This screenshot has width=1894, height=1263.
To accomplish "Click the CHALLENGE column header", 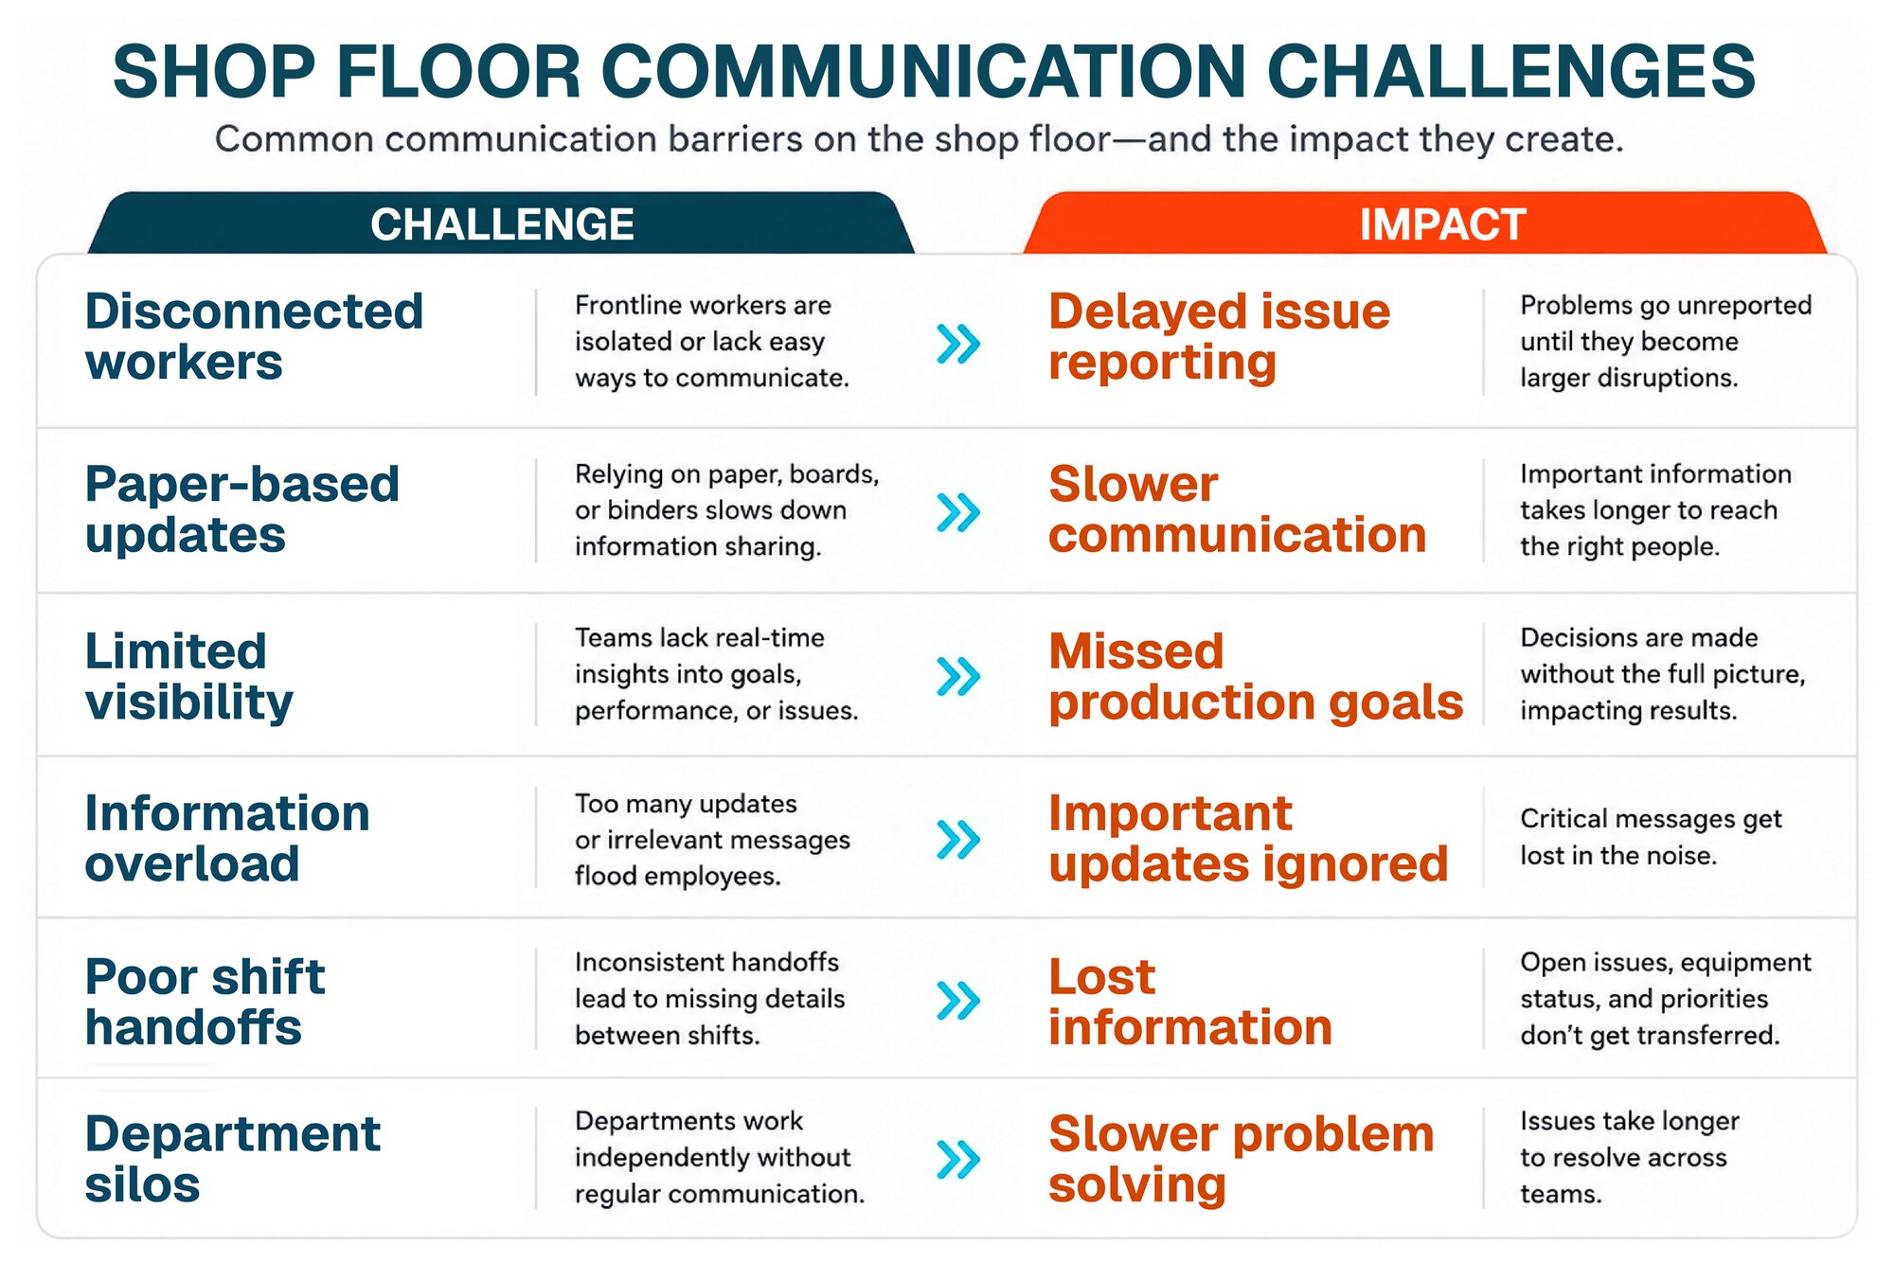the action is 502,223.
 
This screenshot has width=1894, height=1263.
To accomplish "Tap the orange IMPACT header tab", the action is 1425,223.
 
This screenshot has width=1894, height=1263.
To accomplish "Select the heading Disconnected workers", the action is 254,336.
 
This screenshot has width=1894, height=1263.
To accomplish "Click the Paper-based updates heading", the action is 242,509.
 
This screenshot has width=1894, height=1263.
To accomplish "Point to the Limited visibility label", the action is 189,676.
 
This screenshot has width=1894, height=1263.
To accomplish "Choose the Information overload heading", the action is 227,838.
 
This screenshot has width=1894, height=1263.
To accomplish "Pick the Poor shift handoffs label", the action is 205,1002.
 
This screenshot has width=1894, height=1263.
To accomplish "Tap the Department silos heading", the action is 233,1159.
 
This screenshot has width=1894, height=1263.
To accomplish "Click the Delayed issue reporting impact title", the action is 1220,336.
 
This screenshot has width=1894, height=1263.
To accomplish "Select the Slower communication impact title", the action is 1238,509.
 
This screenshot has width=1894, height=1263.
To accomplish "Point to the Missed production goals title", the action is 1257,676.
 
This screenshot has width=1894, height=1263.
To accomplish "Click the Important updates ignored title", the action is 1249,838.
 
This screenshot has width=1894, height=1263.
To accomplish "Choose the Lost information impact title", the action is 1191,1002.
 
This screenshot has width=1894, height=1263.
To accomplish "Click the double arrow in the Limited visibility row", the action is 958,676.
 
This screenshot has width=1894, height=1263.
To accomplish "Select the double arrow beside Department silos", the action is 958,1159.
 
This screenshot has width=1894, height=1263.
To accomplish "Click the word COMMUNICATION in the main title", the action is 923,71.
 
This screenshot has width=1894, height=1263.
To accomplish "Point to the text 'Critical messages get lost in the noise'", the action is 1652,837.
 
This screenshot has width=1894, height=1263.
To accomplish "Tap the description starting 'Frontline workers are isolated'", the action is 712,341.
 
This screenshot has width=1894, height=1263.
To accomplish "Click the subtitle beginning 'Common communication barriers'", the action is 920,139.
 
